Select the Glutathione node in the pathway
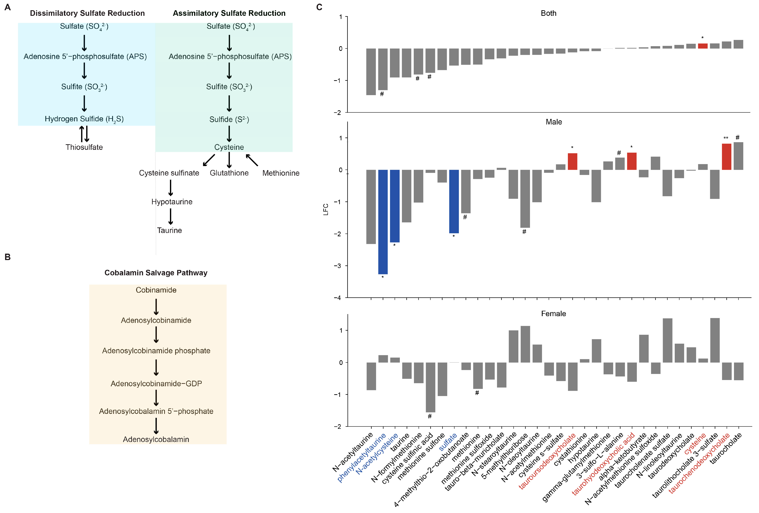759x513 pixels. click(229, 173)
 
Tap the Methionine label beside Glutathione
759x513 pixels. click(281, 173)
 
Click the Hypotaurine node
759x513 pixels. click(172, 202)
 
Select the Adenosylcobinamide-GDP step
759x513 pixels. click(156, 383)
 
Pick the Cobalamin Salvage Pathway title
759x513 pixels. click(156, 273)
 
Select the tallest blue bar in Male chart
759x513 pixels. click(383, 222)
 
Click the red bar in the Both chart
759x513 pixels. click(703, 46)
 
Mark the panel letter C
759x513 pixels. click(319, 7)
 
